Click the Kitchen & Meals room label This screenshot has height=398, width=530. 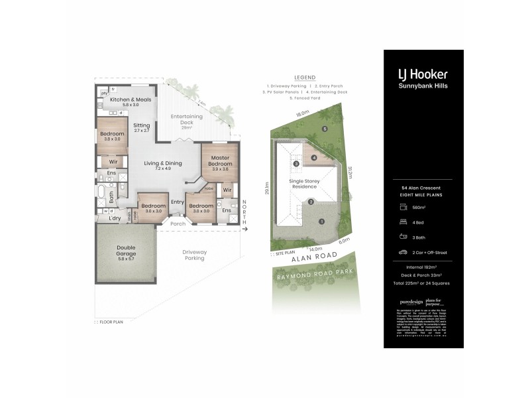point(126,101)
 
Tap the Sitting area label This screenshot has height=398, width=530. point(142,127)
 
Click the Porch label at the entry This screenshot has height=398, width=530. point(178,224)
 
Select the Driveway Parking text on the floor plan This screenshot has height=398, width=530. point(195,255)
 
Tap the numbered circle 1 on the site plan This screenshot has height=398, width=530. point(321,221)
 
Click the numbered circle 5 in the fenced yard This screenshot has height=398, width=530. point(325,128)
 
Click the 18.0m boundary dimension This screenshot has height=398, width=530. point(302,114)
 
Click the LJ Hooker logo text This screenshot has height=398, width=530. point(423,74)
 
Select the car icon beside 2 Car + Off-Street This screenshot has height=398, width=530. point(402,252)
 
